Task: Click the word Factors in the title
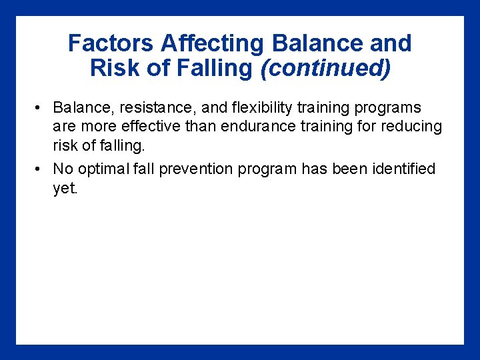coord(100,43)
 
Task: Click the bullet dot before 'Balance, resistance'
coord(41,108)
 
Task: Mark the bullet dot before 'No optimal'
coord(41,169)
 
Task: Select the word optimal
coord(104,169)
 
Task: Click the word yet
coord(65,188)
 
